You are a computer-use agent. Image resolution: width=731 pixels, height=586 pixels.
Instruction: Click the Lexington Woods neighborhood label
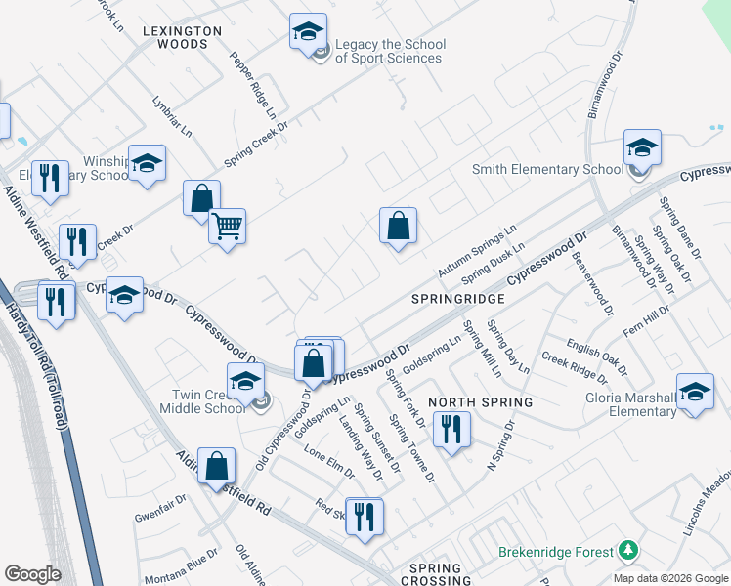coord(182,38)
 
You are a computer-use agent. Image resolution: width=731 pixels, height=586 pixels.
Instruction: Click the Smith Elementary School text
coord(547,169)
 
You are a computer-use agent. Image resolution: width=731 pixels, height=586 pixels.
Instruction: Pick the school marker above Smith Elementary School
coord(642,147)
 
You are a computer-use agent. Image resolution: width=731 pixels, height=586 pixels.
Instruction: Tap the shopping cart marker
coord(227,228)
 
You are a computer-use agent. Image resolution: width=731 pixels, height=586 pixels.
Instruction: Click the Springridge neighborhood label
coord(457,298)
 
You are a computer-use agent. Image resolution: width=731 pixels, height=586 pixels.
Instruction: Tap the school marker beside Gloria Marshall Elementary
coord(695,393)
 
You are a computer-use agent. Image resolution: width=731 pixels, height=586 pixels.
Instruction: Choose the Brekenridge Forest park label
coord(554,552)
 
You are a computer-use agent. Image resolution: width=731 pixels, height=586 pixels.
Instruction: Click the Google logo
coord(32,573)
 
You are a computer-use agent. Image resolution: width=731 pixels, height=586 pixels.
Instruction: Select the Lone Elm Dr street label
coord(328,461)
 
